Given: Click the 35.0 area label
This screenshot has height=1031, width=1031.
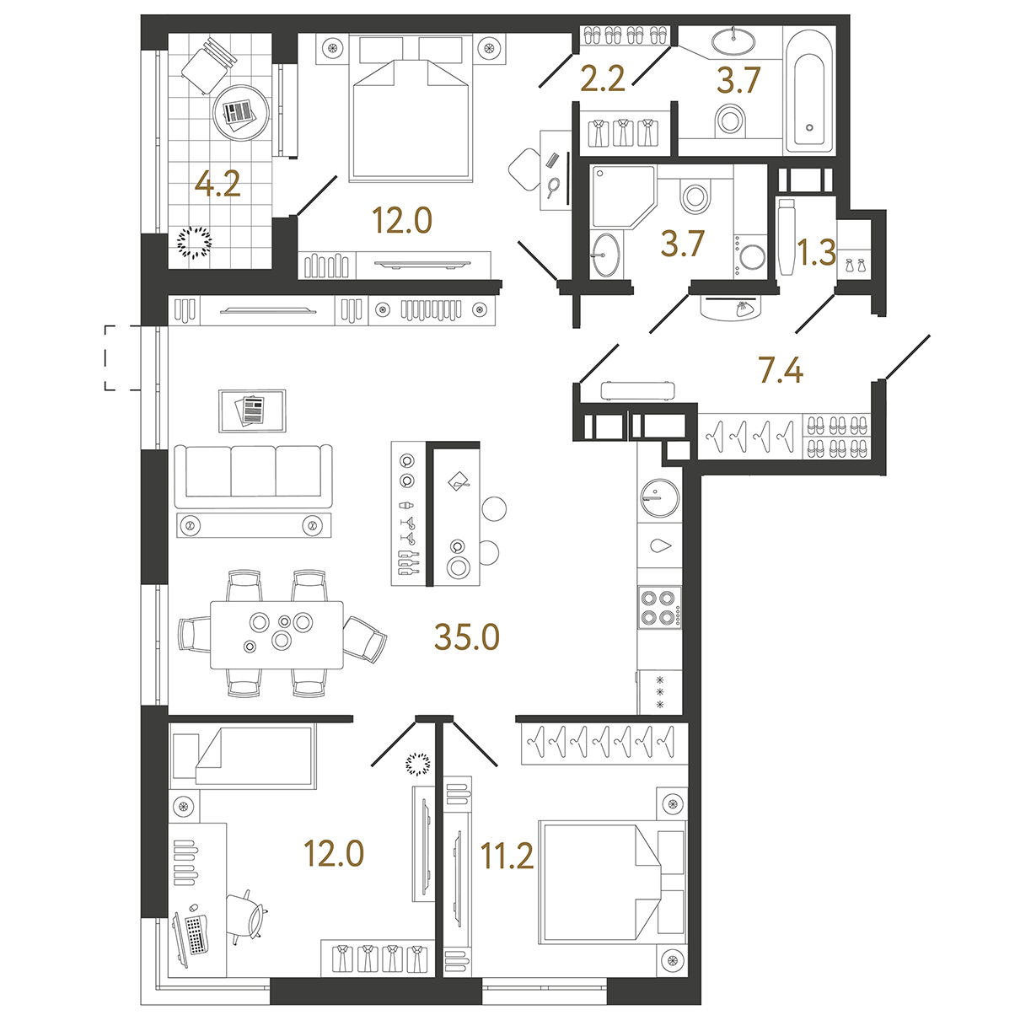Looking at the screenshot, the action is coord(467,637).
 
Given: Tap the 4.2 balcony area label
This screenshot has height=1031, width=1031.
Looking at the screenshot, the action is coord(217,185).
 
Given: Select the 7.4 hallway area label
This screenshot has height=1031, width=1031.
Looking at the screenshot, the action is coord(781,371).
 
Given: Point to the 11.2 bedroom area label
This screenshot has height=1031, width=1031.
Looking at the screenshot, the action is coord(507,855).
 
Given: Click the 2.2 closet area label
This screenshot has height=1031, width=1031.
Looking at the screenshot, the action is coord(603,79).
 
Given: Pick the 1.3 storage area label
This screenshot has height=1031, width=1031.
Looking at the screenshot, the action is coord(816,252).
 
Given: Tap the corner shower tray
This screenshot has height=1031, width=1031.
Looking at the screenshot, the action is coord(624,196).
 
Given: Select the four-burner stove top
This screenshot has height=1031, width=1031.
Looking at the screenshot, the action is coord(660,607).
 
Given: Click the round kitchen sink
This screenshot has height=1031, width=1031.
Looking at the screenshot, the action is coord(660,497).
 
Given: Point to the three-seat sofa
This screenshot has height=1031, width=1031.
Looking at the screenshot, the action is coord(253,475).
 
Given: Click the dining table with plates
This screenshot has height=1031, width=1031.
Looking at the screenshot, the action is coord(277,635).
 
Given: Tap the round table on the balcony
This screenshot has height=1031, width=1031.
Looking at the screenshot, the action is coord(240,113).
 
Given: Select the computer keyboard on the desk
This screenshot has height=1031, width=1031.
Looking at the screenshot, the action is coord(196,934).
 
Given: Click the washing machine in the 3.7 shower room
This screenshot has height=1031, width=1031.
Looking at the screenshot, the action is coord(751,255).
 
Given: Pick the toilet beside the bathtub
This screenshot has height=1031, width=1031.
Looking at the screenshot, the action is coord(730,121).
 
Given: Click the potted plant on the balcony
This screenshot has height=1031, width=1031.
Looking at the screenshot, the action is coord(194,243).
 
